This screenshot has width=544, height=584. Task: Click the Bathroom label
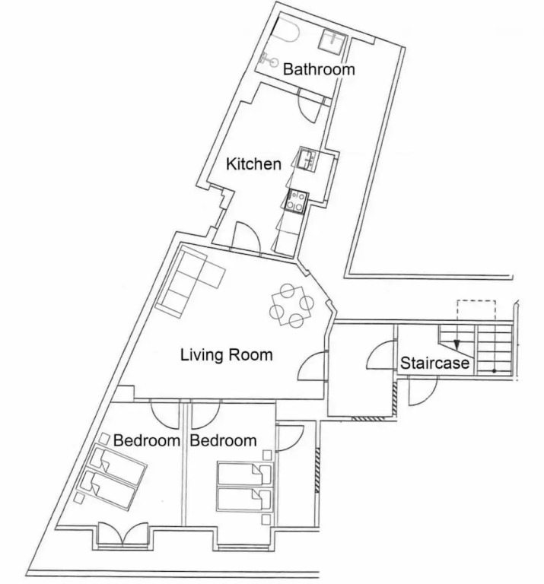pos(319,70)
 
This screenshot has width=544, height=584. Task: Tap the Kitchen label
pos(253,164)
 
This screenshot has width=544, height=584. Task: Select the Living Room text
pos(227,355)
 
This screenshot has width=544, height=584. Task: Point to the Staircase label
pos(434,363)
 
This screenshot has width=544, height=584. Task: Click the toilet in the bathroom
pos(286,28)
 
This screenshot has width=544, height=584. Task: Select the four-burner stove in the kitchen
pos(296,201)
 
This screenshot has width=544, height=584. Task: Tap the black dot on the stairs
pos(494,371)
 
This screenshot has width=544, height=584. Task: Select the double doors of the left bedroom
pos(123,535)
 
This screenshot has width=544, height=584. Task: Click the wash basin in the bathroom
pos(269,59)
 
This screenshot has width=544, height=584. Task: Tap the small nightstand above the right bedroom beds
pos(267,455)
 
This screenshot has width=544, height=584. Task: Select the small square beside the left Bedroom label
pos(105,438)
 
